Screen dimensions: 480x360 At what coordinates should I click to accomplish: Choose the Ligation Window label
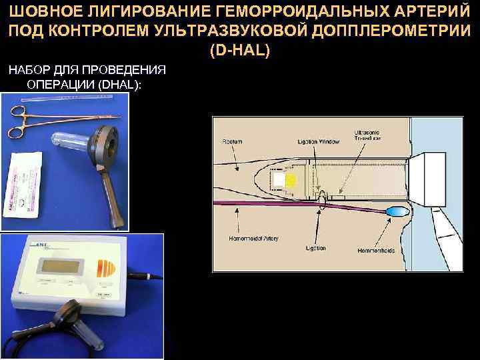pyautogui.click(x=319, y=142)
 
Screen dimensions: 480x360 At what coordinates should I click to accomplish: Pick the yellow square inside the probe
pyautogui.click(x=291, y=179)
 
